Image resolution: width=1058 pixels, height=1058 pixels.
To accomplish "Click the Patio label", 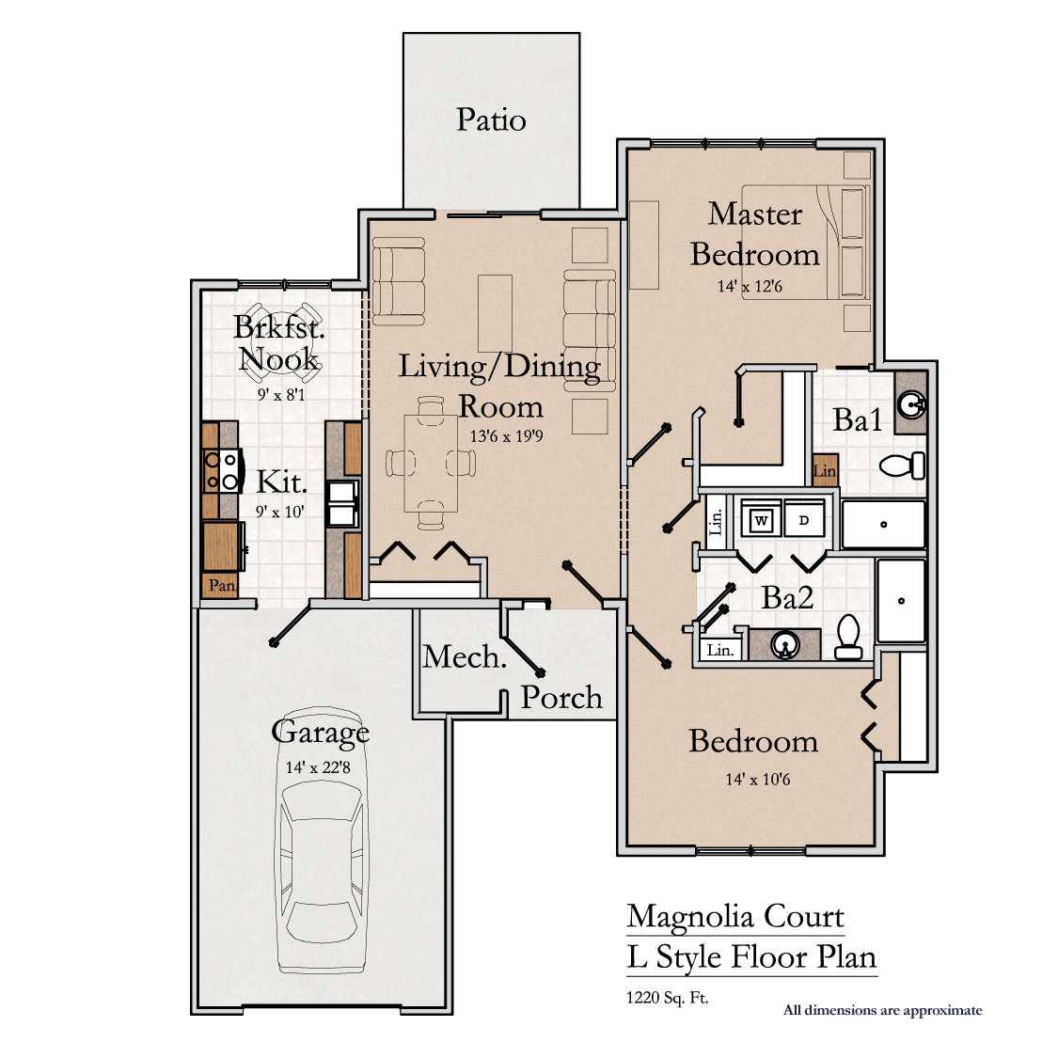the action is [491, 120].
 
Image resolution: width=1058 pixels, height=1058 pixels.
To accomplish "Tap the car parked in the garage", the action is [322, 841].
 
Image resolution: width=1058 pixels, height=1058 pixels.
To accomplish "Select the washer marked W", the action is [761, 520].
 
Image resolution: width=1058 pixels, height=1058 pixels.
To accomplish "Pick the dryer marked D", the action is [804, 520].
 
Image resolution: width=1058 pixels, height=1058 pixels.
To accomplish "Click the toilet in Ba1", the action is [902, 465].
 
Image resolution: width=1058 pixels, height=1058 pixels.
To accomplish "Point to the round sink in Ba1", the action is [911, 404].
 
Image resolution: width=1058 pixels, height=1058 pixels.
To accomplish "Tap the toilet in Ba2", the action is [848, 637].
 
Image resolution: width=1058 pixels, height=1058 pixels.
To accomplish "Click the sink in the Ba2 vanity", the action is [784, 644].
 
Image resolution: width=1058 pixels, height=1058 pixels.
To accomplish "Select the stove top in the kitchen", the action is [221, 470].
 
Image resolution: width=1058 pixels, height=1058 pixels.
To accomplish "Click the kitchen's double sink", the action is [342, 503].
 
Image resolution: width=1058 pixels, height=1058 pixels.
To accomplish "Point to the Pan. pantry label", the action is [222, 585].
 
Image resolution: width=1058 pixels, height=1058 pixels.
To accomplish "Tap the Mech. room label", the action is [465, 656].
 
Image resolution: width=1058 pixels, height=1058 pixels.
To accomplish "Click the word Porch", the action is [561, 699].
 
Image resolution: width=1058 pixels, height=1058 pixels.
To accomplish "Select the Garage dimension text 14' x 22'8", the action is [318, 767].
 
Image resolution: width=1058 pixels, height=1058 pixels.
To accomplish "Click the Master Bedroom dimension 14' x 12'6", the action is [750, 286].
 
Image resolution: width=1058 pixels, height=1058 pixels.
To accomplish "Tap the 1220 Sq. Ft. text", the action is [668, 998].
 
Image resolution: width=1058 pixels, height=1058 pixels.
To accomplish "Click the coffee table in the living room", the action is [496, 314].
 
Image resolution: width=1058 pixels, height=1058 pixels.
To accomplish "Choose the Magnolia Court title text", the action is [735, 916].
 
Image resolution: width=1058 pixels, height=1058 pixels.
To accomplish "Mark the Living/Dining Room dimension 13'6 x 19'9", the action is [506, 436].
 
